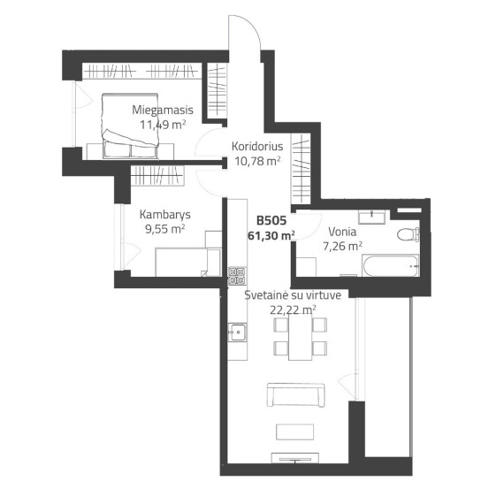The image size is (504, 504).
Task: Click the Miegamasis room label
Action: pyautogui.click(x=163, y=110)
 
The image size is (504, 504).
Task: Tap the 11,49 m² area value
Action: pyautogui.click(x=163, y=125)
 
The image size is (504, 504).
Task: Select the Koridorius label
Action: pyautogui.click(x=257, y=146)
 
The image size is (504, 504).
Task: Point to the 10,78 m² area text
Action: pyautogui.click(x=258, y=161)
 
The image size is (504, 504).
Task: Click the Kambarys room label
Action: pyautogui.click(x=165, y=215)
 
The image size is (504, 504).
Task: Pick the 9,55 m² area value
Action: pyautogui.click(x=165, y=229)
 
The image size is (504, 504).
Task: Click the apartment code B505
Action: pyautogui.click(x=271, y=221)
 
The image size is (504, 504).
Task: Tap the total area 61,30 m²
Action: pyautogui.click(x=271, y=235)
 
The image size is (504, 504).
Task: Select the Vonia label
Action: pyautogui.click(x=342, y=232)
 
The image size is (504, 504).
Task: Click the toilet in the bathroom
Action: pyautogui.click(x=409, y=234)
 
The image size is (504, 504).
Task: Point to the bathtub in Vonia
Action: pyautogui.click(x=391, y=265)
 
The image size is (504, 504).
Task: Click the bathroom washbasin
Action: pyautogui.click(x=372, y=217)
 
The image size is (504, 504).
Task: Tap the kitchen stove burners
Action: pyautogui.click(x=237, y=276)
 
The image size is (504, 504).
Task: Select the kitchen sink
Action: pyautogui.click(x=238, y=332)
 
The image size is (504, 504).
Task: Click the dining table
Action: pyautogui.click(x=301, y=337)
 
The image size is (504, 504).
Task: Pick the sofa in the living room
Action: pyautogui.click(x=295, y=395)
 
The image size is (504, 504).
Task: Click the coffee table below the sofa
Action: pyautogui.click(x=294, y=432)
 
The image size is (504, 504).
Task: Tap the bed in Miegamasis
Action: pyautogui.click(x=130, y=126)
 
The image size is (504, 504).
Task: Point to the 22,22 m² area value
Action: pyautogui.click(x=293, y=309)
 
